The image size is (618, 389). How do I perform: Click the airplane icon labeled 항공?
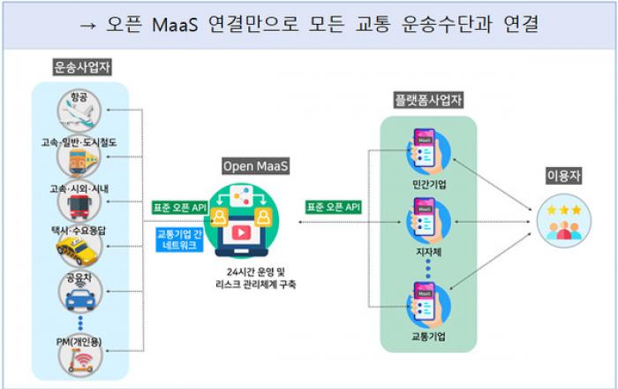click(x=79, y=111)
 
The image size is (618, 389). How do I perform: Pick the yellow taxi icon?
click(x=79, y=249)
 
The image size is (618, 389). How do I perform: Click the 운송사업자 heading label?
click(x=82, y=67)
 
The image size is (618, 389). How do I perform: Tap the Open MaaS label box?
click(x=255, y=166)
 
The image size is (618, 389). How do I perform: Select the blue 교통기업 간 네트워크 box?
click(x=179, y=240)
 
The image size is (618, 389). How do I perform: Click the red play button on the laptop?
click(x=241, y=233)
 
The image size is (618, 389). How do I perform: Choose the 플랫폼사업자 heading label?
click(x=428, y=100)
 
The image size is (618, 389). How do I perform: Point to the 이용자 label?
click(x=563, y=176)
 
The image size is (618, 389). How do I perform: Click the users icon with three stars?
click(x=564, y=221)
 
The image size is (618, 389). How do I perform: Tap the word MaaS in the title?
click(x=175, y=25)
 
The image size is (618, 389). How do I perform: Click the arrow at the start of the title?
click(x=87, y=27)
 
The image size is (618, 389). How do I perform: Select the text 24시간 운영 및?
click(x=255, y=271)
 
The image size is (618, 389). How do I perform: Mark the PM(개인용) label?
click(x=79, y=341)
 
